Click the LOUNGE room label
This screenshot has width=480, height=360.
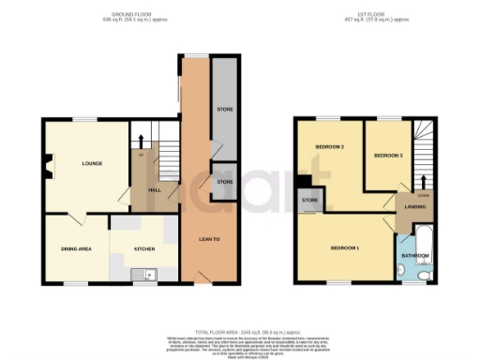pyautogui.click(x=91, y=164)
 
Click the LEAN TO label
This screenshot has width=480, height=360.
pyautogui.click(x=208, y=239)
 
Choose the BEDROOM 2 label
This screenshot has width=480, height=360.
pyautogui.click(x=330, y=148)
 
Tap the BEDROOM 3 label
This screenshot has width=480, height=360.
pyautogui.click(x=387, y=154)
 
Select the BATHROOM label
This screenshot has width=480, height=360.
pyautogui.click(x=415, y=254)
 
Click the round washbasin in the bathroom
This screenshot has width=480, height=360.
pyautogui.click(x=400, y=270)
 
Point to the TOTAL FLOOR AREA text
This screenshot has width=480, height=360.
pyautogui.click(x=239, y=332)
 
